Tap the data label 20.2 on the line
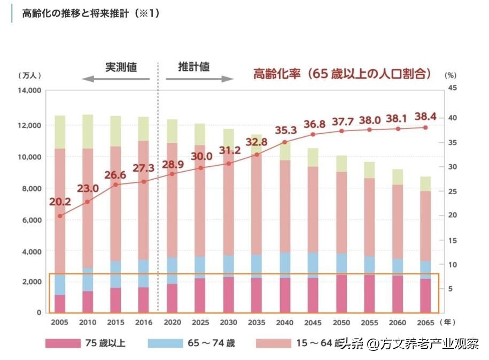(x=60, y=202)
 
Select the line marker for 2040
(x=285, y=142)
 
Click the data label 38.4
(x=425, y=117)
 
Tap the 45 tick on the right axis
(x=452, y=88)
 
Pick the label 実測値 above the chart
(x=121, y=67)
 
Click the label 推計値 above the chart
(x=193, y=67)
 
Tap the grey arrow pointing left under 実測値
(x=117, y=79)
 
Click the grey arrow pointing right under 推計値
(x=199, y=79)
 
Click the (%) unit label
(x=450, y=76)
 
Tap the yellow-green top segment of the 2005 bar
(x=60, y=132)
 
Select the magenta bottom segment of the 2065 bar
(x=425, y=295)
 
